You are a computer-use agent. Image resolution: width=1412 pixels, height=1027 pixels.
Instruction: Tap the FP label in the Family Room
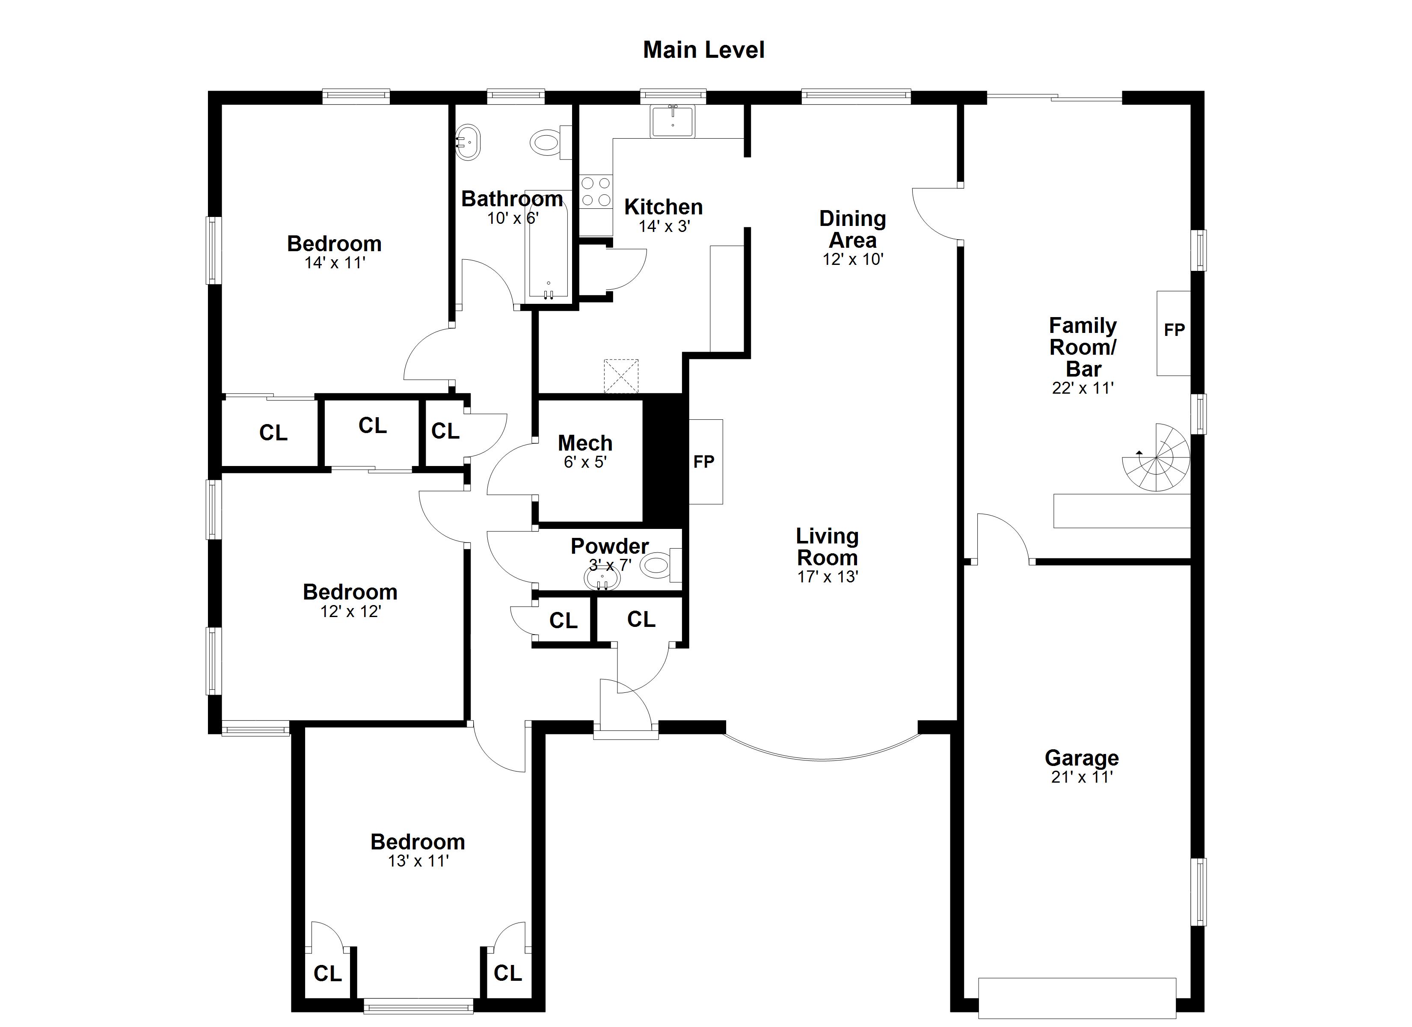(1174, 330)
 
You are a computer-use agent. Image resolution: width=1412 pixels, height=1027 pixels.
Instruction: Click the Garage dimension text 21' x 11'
(1081, 777)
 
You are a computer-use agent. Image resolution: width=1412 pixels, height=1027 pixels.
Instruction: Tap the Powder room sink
(602, 579)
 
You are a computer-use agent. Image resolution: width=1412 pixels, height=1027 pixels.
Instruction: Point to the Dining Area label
(852, 229)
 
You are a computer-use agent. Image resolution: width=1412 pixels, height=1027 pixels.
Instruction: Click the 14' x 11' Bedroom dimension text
(334, 263)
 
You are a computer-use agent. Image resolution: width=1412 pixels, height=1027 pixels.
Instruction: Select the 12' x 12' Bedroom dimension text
(350, 611)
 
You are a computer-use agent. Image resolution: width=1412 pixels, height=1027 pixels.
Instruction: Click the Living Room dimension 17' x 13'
(828, 577)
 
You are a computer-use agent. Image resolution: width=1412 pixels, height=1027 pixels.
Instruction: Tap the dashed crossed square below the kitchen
(621, 376)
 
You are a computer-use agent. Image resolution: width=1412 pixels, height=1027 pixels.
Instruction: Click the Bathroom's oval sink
(468, 142)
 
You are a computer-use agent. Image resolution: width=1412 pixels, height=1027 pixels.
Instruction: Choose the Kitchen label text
(664, 207)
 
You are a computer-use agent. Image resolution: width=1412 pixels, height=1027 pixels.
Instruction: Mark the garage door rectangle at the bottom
(1077, 998)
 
